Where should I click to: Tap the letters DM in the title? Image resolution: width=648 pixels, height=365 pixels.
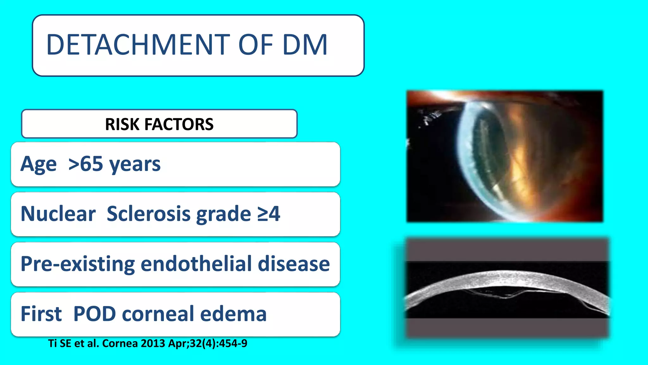305,45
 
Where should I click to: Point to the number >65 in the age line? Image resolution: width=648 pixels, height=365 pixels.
86,164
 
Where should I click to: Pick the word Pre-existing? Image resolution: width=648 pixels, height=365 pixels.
78,264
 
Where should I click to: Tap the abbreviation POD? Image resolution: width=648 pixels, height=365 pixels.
95,314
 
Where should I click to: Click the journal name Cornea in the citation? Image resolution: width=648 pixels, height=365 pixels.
120,343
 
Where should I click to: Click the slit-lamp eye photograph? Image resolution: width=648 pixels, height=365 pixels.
505,156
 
